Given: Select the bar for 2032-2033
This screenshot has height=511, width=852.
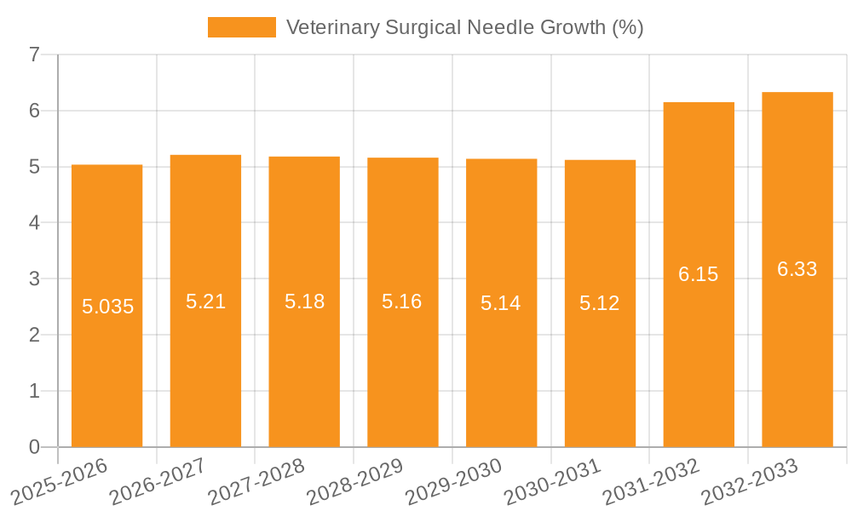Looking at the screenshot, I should (797, 358).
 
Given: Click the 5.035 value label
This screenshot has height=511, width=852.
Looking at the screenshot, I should (107, 307).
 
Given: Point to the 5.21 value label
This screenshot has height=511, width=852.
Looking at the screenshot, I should (205, 301).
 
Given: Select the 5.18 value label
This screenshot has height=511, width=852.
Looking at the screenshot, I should (304, 301).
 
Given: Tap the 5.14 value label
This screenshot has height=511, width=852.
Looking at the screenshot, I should (501, 303).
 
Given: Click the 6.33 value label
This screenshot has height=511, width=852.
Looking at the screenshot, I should (797, 269).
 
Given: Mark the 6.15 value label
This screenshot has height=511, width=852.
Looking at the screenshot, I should (698, 274).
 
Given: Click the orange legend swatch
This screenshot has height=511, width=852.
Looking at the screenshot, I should (242, 27).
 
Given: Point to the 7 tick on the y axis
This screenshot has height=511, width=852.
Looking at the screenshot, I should (34, 55).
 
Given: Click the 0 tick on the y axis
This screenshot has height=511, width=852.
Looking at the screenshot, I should (34, 447).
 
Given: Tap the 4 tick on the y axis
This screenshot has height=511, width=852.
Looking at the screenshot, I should (34, 223).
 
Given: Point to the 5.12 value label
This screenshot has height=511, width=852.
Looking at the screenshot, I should (599, 303).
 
